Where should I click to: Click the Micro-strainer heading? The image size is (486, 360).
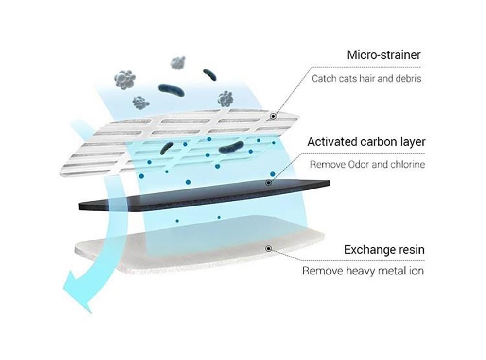pos(383,54)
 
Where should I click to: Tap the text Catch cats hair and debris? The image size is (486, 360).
pos(366,78)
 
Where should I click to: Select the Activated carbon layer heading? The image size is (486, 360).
pos(366,142)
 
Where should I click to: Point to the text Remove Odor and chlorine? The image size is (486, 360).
pos(367,165)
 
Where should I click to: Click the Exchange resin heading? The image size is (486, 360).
pos(384,250)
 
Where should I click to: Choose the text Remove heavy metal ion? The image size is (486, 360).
pos(363,271)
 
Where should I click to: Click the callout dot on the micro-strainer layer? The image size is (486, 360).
pos(274,116)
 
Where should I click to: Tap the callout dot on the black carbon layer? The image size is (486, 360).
pos(268,183)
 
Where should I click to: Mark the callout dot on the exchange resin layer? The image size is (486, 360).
pos(268,248)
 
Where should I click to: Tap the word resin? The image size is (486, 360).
pos(409,250)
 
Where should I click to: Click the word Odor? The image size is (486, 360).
pos(355,165)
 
